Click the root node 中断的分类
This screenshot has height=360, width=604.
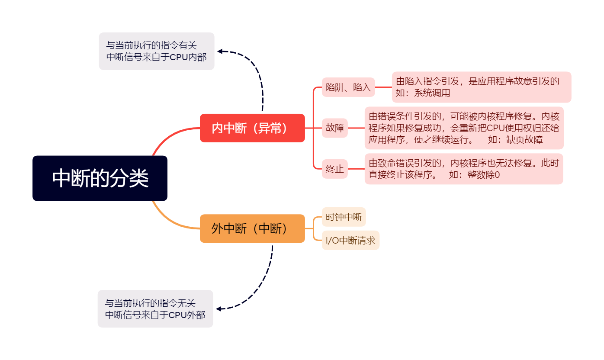coord(100,178)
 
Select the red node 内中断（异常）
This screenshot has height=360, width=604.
coord(252,128)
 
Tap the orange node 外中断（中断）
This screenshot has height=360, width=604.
coord(252,228)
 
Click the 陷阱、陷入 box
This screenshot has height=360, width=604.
coord(348,87)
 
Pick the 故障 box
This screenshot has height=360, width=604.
coord(334,128)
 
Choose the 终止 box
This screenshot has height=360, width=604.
coord(334,169)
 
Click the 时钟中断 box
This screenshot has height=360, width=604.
coord(344,217)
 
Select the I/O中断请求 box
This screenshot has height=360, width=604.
coord(350,240)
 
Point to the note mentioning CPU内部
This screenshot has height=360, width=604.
coord(156,51)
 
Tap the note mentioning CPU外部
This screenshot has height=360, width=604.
coord(155,309)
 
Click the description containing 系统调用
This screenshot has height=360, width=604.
coord(481,87)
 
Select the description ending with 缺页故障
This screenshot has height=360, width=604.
coord(464,128)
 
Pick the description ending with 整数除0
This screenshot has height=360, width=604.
coord(463,169)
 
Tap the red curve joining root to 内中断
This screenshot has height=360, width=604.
coord(169,136)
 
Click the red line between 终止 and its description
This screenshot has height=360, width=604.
coord(356,169)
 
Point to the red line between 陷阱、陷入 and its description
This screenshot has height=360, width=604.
coord(383,87)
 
